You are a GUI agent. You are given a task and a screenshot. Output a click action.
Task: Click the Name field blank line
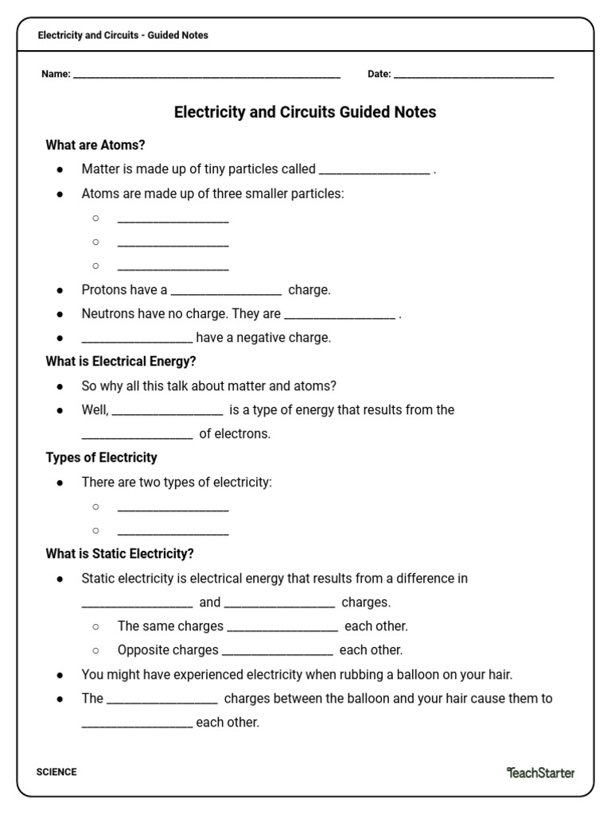(x=207, y=76)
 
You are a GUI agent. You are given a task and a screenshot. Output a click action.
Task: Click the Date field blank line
(x=473, y=76)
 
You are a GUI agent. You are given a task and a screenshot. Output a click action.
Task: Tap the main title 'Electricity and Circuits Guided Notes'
(x=305, y=112)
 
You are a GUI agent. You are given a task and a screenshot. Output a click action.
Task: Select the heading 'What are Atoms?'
(x=95, y=145)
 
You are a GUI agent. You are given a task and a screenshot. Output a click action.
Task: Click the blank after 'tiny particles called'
(x=374, y=171)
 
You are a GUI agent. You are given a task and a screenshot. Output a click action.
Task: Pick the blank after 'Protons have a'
(x=226, y=292)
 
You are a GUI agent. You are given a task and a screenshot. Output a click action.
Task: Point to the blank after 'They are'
(x=339, y=316)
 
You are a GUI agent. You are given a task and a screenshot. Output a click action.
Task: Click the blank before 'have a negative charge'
(x=137, y=339)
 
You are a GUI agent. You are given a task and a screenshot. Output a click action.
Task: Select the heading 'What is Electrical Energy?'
(x=121, y=361)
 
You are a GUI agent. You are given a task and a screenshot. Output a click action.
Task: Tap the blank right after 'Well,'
(x=167, y=412)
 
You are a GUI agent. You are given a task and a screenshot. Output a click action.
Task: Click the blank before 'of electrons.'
(x=137, y=436)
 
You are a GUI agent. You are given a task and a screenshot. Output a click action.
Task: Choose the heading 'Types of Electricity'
(x=101, y=457)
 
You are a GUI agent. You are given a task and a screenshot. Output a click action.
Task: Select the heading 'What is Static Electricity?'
(x=119, y=553)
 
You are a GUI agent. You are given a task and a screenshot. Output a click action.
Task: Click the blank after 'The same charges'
(x=282, y=628)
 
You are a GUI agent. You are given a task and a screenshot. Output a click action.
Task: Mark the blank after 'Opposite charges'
(x=277, y=652)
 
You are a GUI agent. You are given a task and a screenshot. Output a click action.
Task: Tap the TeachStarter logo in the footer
(x=540, y=772)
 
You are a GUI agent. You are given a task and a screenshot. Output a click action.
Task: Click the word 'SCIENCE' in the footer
(x=56, y=772)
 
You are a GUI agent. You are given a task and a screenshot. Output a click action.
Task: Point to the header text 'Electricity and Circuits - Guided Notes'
(x=123, y=35)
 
